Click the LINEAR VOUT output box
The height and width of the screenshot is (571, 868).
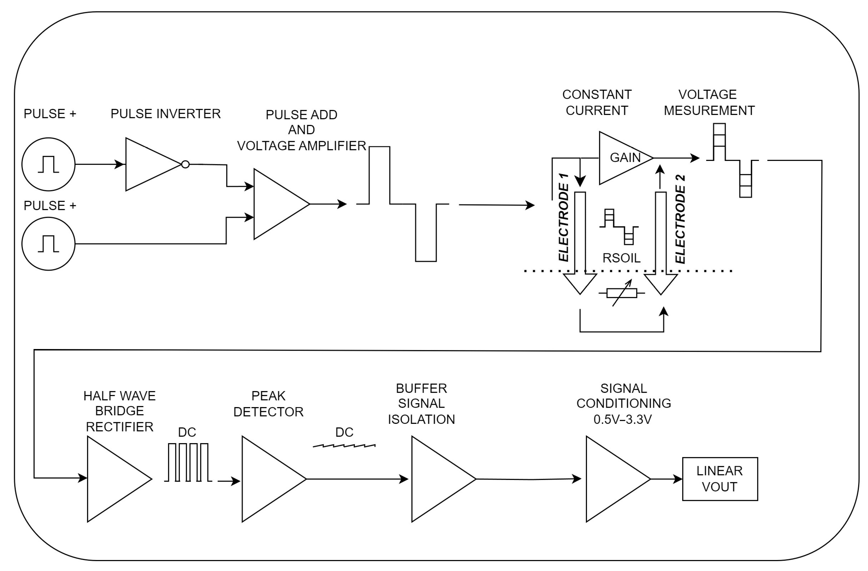click(x=720, y=479)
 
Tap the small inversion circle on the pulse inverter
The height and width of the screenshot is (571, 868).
click(x=185, y=164)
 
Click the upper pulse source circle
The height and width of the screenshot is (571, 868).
click(x=48, y=164)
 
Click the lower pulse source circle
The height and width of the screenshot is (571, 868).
click(x=48, y=244)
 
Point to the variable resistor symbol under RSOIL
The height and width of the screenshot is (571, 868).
click(x=622, y=293)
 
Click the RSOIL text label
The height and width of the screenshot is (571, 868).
click(x=621, y=258)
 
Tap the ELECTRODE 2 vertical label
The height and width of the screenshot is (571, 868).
click(x=681, y=219)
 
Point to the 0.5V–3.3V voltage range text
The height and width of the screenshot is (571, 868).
click(x=623, y=419)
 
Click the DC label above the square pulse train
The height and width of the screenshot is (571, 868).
click(x=187, y=432)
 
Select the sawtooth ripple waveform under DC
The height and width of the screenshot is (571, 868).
click(x=344, y=446)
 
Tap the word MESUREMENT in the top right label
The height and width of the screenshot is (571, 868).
click(x=709, y=110)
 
